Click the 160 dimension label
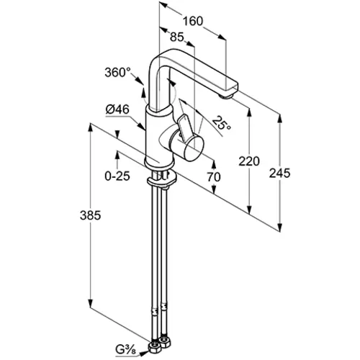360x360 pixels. [193, 21]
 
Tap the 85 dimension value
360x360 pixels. [177, 37]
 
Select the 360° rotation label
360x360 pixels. [117, 72]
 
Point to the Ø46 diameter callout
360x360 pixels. [117, 109]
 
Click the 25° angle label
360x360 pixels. [222, 123]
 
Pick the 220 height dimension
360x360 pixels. [249, 161]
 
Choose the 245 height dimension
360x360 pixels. [279, 173]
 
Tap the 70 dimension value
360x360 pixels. [214, 177]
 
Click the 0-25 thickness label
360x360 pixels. [117, 176]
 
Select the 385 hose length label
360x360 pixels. [90, 215]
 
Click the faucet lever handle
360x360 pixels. [185, 127]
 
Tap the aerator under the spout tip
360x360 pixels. [225, 96]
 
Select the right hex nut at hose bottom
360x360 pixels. [165, 343]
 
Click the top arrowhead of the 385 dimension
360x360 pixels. [90, 127]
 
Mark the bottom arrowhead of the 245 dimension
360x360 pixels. [279, 228]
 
